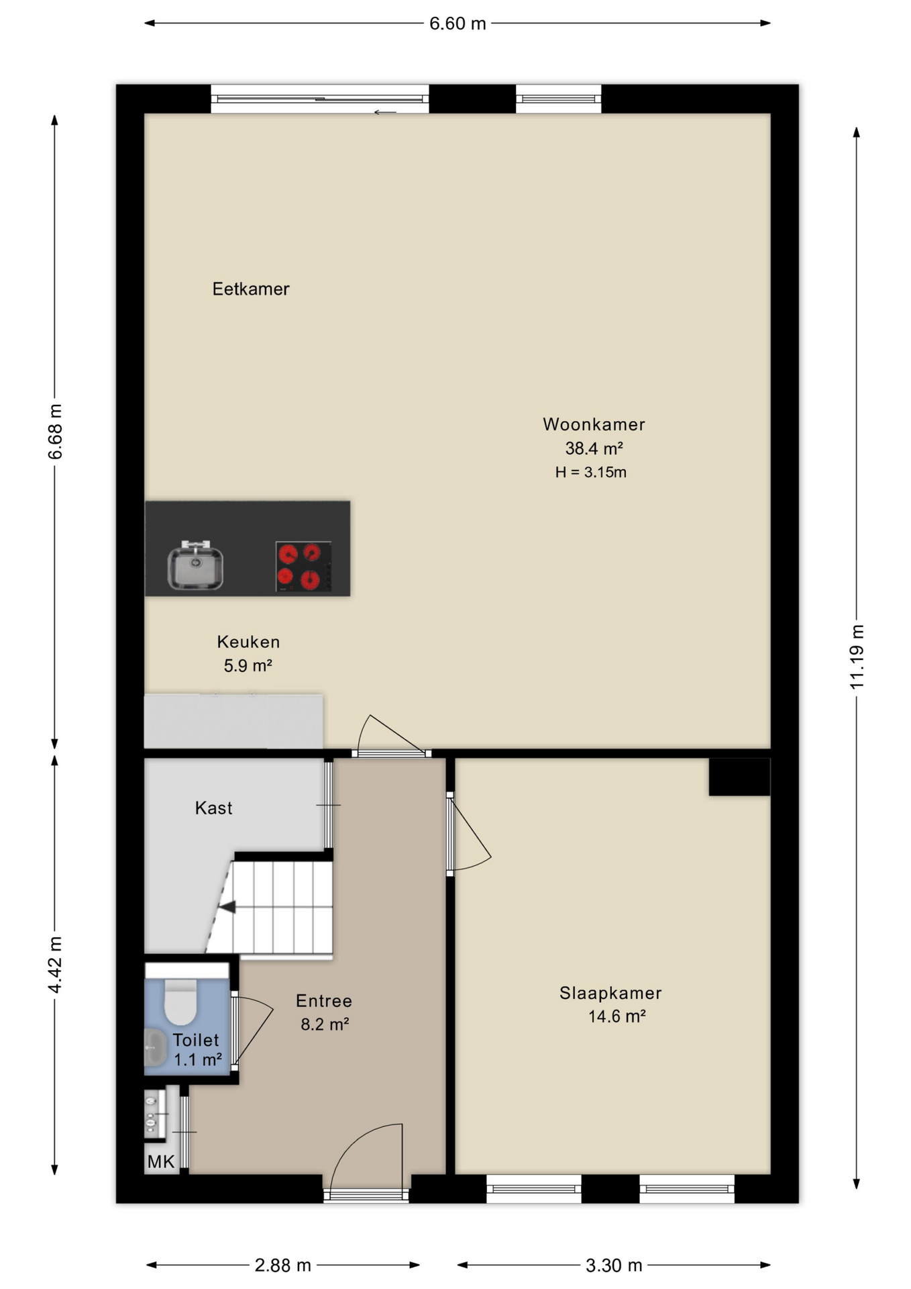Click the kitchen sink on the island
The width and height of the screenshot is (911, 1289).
click(195, 565)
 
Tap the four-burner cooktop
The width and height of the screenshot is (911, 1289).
click(303, 567)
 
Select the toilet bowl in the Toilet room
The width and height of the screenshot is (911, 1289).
click(180, 1001)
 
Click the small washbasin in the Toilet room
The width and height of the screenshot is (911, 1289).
click(155, 1047)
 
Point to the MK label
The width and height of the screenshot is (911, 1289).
click(161, 1161)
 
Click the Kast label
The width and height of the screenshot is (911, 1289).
click(214, 808)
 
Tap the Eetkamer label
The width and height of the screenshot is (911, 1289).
click(251, 289)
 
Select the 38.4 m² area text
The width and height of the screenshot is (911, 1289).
click(594, 448)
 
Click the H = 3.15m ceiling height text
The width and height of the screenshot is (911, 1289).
click(591, 472)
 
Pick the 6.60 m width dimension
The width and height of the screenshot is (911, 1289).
click(458, 23)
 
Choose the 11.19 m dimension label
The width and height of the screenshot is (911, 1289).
click(857, 656)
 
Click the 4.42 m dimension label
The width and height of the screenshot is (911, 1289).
click(55, 965)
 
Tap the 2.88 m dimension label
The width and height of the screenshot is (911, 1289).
click(282, 1266)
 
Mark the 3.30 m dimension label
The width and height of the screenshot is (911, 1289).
click(614, 1266)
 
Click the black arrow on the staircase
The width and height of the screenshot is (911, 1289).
click(227, 907)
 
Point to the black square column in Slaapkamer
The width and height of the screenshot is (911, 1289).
click(739, 777)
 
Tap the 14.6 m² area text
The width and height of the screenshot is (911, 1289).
click(617, 1016)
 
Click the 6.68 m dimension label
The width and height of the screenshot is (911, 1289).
click(55, 432)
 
